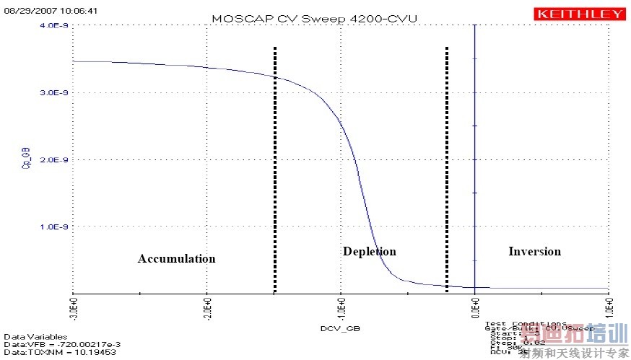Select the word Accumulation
176,258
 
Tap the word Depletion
369,251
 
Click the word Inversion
534,251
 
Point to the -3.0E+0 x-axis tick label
73,309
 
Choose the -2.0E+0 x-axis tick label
206,309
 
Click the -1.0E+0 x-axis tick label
341,309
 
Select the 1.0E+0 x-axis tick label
608,309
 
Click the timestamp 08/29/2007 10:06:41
41,12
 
